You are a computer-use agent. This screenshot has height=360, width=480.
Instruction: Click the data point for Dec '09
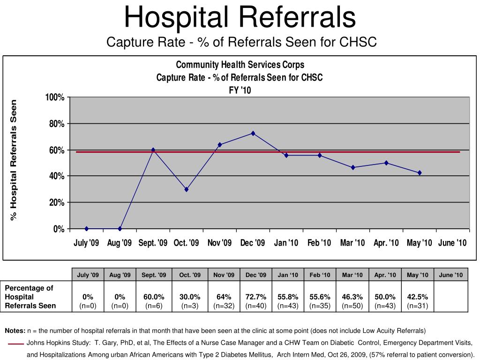coord(253,133)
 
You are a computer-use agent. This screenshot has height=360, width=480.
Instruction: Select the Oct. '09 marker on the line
coord(187,189)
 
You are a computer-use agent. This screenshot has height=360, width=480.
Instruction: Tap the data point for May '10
coord(420,173)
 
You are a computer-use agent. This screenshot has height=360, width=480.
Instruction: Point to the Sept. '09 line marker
coord(153,150)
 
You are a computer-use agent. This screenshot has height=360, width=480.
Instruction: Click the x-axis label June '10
coord(452,243)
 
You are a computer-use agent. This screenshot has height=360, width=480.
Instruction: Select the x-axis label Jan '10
coord(286,243)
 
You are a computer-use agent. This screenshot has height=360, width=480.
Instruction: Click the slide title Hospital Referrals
coord(240,17)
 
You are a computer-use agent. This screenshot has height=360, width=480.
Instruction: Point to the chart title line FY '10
coord(240,90)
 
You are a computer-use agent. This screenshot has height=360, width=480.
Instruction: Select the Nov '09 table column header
coord(224,275)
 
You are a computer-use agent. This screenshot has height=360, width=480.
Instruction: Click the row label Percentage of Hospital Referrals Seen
coord(30,297)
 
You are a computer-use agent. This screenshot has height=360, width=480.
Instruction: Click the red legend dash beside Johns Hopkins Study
coord(15,344)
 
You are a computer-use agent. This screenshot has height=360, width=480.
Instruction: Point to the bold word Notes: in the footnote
coord(15,330)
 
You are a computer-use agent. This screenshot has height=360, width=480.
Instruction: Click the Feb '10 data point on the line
coord(320,155)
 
